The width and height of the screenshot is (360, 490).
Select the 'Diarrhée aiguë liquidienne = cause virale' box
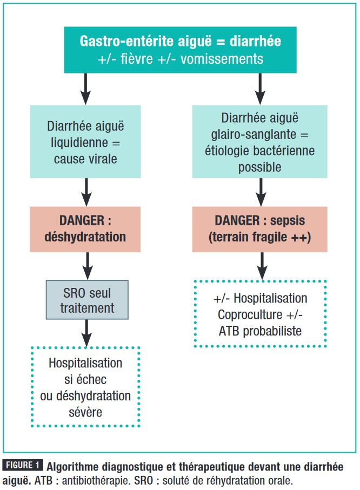(85, 142)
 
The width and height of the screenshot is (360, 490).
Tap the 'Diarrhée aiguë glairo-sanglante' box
(260, 142)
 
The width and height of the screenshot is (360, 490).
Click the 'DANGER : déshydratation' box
(85, 230)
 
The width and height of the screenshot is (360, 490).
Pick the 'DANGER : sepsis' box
(260, 230)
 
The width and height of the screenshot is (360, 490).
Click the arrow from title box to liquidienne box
(85, 89)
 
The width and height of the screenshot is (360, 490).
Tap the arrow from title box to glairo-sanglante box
(260, 89)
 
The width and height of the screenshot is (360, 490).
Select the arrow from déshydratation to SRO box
(85, 265)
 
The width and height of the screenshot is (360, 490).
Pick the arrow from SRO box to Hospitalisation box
(85, 332)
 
